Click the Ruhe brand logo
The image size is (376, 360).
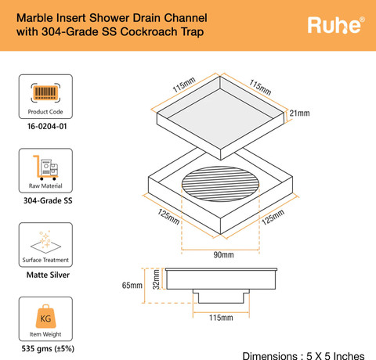(336, 25)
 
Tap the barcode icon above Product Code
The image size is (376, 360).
(45, 92)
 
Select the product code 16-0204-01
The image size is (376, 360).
(47, 126)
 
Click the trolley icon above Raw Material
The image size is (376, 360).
(45, 167)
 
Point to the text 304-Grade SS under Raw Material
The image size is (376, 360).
(48, 200)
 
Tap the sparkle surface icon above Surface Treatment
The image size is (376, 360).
(45, 242)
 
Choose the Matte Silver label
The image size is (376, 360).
(48, 275)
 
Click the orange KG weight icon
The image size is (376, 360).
(45, 316)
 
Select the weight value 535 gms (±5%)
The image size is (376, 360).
(48, 349)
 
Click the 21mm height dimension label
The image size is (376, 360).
(299, 113)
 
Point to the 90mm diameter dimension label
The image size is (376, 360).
(223, 255)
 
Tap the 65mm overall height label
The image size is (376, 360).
(132, 285)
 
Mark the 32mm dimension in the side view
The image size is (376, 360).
(156, 279)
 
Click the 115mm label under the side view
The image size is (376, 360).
(221, 318)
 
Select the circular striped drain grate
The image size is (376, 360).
(221, 184)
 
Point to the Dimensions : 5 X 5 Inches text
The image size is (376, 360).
(303, 355)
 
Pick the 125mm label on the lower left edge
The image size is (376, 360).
(168, 217)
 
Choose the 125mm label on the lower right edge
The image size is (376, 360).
(273, 217)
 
